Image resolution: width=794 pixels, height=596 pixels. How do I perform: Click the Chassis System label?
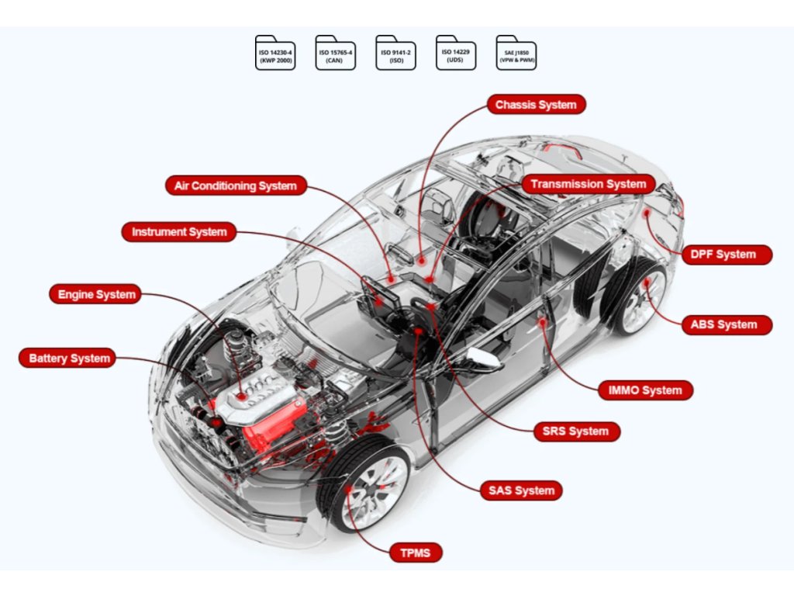(x=536, y=104)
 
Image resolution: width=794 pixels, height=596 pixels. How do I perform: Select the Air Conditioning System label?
(x=236, y=186)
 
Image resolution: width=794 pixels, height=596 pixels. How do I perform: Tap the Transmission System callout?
(x=589, y=185)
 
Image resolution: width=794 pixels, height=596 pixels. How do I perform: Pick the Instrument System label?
(x=179, y=232)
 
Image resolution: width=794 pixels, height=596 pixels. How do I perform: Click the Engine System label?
(x=97, y=295)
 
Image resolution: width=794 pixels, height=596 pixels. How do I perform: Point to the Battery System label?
(x=69, y=359)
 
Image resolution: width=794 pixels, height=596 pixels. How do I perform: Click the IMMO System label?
(x=646, y=390)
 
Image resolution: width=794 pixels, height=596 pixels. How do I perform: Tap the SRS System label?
(x=576, y=431)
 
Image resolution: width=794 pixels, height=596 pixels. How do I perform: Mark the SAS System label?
(x=521, y=490)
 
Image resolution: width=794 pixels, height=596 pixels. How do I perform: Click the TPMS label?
(x=416, y=553)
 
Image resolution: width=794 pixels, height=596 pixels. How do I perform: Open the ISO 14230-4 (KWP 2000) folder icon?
(x=275, y=53)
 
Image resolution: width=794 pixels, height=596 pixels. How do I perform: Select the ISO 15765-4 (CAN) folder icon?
(x=336, y=53)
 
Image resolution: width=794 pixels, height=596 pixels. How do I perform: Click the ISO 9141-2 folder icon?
(x=396, y=53)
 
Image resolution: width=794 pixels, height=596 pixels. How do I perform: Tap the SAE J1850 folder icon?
(x=516, y=53)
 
